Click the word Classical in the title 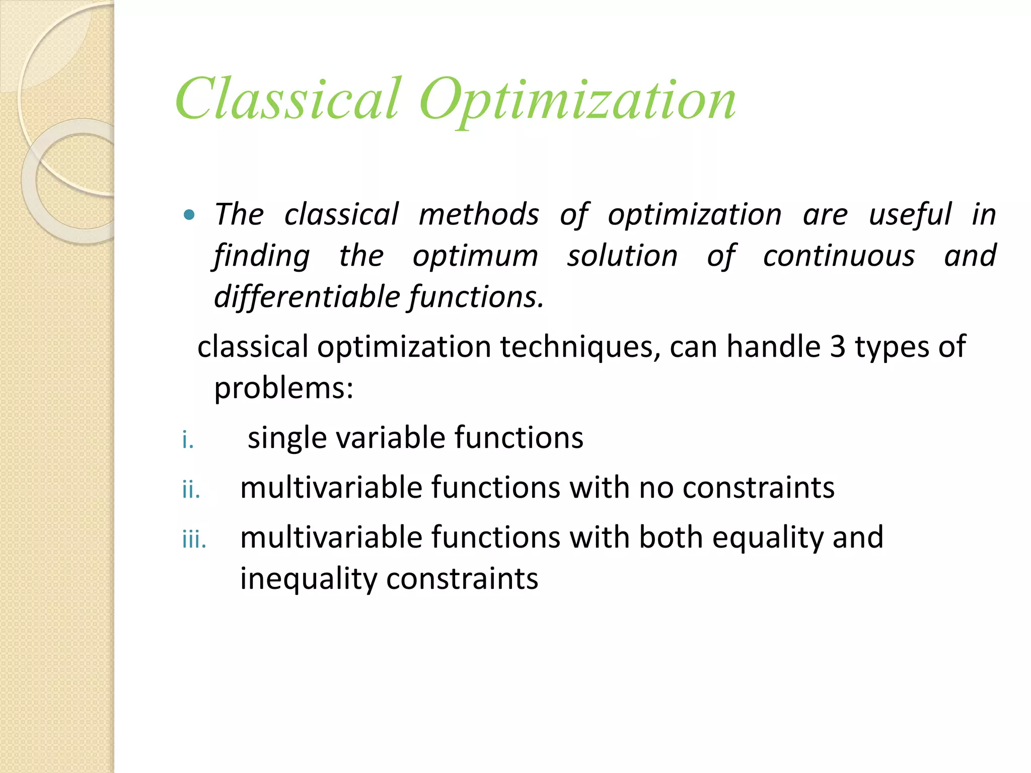coord(288,99)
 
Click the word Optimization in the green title coord(577,101)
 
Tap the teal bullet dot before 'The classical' coord(189,215)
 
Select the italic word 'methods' coord(479,215)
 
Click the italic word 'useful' coord(910,215)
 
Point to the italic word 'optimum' coord(475,256)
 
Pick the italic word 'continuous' coord(839,256)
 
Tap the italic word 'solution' coord(622,256)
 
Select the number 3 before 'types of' coord(837,347)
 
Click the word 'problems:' coord(284,389)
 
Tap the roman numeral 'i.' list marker coord(188,441)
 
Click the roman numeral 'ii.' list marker coord(191,490)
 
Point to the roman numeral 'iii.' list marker coord(194,540)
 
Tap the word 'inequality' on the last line coord(308,579)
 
